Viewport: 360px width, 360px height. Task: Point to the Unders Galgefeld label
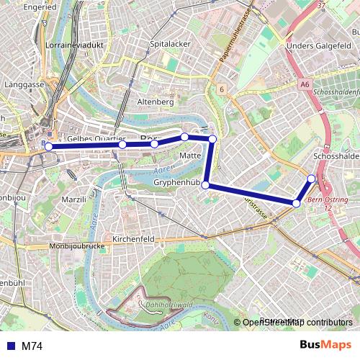coord(314,47)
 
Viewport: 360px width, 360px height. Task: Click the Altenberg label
coord(156,102)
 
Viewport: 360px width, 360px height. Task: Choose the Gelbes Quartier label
coord(96,138)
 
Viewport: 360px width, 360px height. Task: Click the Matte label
coord(190,156)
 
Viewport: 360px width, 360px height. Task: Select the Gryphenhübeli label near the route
coord(176,184)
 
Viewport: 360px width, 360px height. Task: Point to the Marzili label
coord(74,199)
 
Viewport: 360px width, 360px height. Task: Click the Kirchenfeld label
coord(135,238)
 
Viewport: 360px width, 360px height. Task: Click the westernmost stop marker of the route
coord(48,147)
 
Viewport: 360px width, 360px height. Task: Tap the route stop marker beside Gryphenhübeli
coord(206,185)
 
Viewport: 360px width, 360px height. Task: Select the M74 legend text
coord(32,346)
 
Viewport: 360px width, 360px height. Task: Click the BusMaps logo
coord(325,346)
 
